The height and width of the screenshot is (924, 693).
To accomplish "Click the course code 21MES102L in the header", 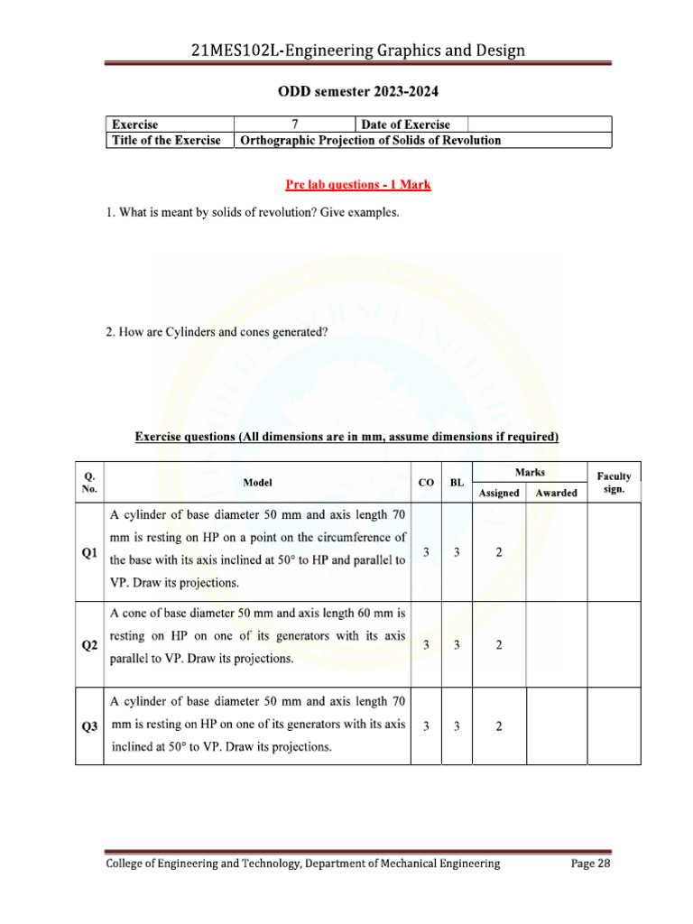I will click(235, 51).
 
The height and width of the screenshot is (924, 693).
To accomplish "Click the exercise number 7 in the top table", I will click(295, 125).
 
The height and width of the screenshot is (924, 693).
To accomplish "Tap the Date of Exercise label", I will click(405, 125).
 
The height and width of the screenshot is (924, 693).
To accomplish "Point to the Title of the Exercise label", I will click(165, 141).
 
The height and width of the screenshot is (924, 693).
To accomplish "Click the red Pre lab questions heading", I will click(358, 185).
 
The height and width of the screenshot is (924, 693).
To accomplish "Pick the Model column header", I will click(258, 483).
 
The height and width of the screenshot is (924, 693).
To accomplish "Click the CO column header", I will click(426, 483).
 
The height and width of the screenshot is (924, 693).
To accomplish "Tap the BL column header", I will click(457, 483).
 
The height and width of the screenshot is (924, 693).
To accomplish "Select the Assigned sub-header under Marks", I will click(499, 494).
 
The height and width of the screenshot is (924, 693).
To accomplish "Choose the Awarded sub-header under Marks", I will click(556, 494).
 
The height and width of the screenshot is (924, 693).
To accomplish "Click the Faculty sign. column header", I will click(614, 482).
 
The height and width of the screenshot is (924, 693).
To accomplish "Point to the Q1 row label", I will click(89, 553).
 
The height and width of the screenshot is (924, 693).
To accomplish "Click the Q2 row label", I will click(89, 646).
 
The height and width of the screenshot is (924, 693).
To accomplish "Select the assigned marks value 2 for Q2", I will click(499, 646).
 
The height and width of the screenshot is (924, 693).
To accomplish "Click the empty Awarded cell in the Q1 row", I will click(556, 553).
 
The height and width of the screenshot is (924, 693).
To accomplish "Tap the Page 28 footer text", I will click(592, 864).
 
